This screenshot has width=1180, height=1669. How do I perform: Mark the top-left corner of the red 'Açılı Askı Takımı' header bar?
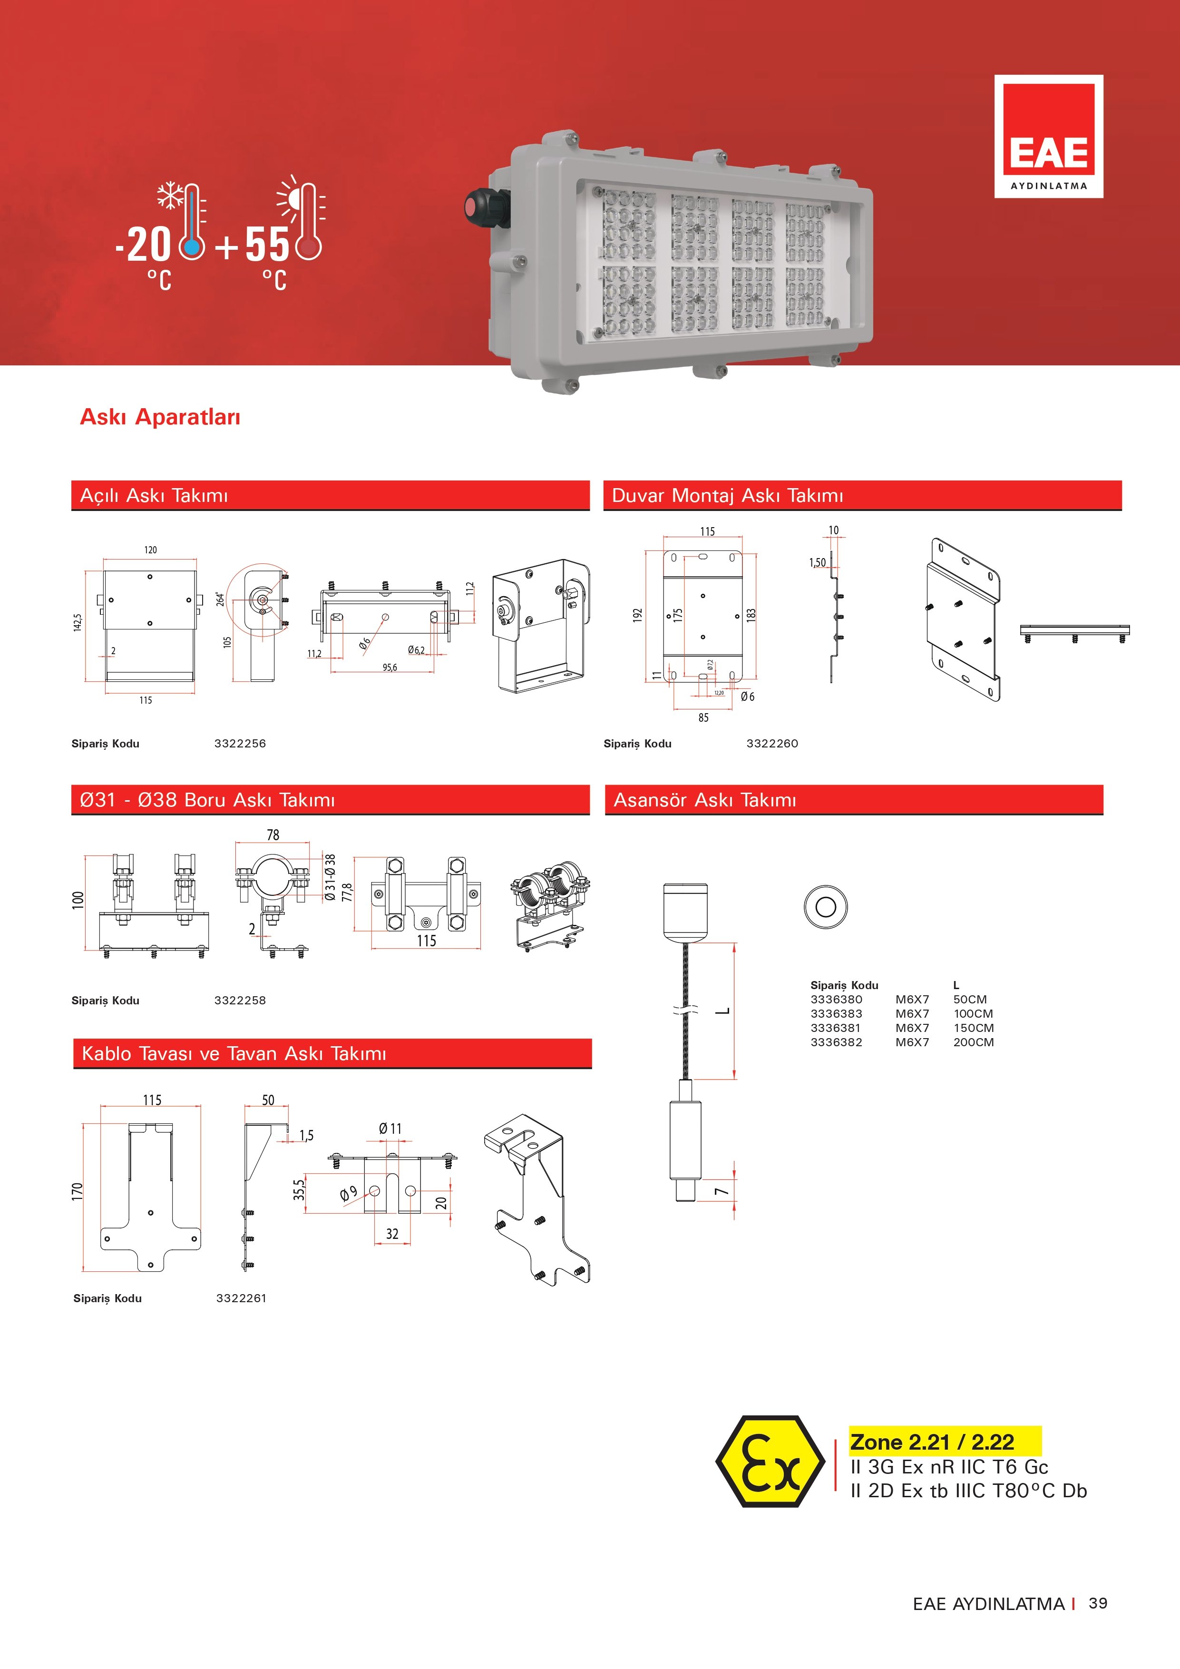point(71,481)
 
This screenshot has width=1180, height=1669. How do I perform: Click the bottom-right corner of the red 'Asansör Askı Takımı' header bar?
point(1103,814)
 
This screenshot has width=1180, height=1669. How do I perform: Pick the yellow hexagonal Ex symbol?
point(770,1461)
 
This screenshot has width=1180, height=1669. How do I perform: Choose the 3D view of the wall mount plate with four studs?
point(963,620)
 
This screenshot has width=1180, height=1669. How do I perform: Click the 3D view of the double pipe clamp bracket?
point(549,906)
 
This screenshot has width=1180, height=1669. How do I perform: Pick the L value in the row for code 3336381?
point(974,1028)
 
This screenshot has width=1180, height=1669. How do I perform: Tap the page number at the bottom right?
point(1098,1603)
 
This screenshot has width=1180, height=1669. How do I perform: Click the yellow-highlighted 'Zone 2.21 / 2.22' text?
point(932,1442)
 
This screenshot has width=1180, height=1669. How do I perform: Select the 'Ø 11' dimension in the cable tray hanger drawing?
point(390,1128)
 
